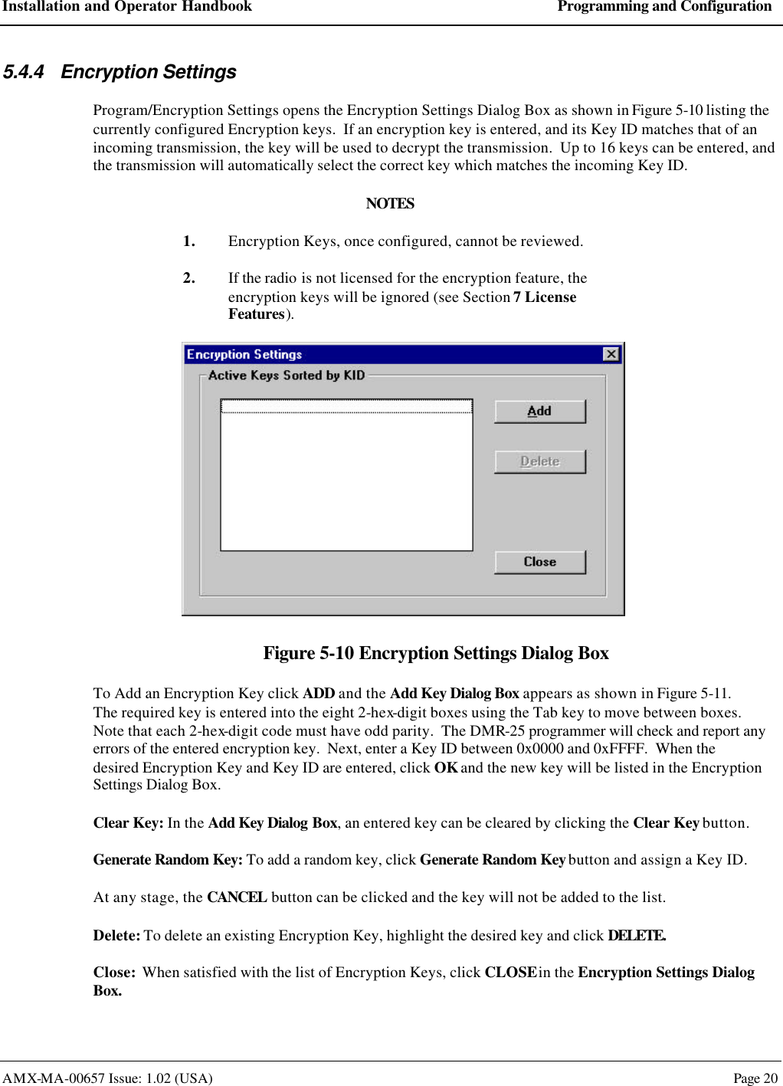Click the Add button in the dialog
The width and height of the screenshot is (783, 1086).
(x=539, y=412)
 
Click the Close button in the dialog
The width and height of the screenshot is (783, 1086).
(x=539, y=562)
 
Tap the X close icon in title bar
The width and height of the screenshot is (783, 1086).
(x=611, y=354)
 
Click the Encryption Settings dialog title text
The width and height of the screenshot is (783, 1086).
(x=244, y=354)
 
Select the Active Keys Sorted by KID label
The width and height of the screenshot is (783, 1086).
(x=286, y=376)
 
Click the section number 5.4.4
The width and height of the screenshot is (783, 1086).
(x=23, y=72)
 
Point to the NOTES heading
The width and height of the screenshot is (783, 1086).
(x=390, y=204)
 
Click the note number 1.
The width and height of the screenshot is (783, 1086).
(x=188, y=241)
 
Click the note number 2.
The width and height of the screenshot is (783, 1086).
(x=188, y=278)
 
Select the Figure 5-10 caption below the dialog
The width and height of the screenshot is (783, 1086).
(x=435, y=653)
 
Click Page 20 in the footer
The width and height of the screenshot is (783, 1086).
(x=755, y=1078)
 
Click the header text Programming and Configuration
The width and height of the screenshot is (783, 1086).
(x=664, y=7)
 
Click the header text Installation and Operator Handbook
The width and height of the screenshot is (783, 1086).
(x=127, y=7)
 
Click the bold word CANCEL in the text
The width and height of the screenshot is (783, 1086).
(x=237, y=897)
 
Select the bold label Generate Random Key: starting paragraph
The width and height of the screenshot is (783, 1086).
(x=168, y=860)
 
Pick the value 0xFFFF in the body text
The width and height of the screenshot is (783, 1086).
(x=619, y=749)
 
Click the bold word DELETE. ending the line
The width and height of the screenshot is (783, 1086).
(x=636, y=936)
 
